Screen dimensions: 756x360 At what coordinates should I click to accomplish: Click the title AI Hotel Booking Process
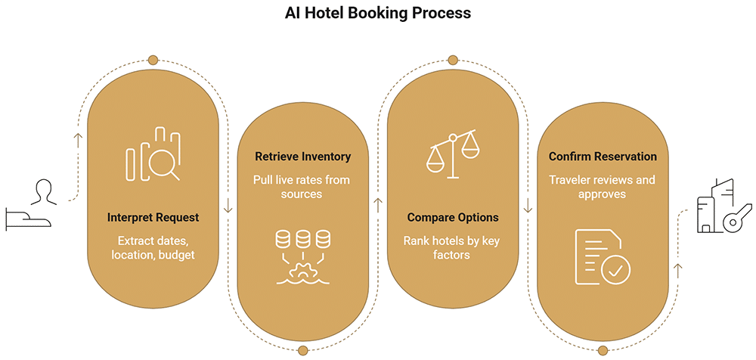pyautogui.click(x=377, y=13)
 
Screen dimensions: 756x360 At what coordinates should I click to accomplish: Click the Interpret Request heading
pyautogui.click(x=153, y=218)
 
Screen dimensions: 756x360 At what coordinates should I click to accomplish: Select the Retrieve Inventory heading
pyautogui.click(x=303, y=157)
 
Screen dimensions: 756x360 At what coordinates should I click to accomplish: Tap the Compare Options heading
pyautogui.click(x=453, y=218)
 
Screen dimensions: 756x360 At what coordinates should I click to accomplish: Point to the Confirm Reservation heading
pyautogui.click(x=603, y=157)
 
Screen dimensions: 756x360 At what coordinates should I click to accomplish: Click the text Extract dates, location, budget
pyautogui.click(x=153, y=248)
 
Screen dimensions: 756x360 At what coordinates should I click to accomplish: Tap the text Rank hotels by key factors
pyautogui.click(x=453, y=247)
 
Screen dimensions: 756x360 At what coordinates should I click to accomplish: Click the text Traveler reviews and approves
pyautogui.click(x=603, y=187)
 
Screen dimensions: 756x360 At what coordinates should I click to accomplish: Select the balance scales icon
pyautogui.click(x=452, y=154)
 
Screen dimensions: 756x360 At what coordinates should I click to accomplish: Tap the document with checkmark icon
pyautogui.click(x=603, y=256)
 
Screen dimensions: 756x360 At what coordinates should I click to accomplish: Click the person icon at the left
pyautogui.click(x=41, y=193)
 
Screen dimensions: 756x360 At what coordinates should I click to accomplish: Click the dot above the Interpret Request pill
pyautogui.click(x=153, y=60)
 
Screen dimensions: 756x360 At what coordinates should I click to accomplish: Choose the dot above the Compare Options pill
pyautogui.click(x=452, y=60)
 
